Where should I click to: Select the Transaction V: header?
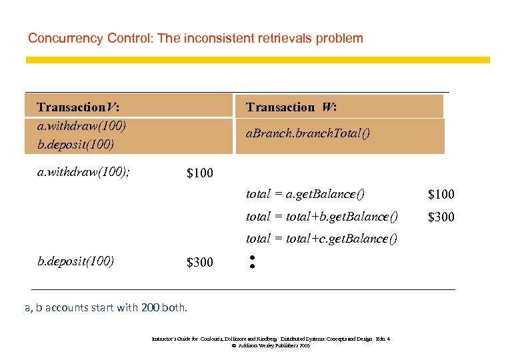tap(79, 107)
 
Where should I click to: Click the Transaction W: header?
tap(291, 107)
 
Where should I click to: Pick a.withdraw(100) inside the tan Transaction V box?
tap(81, 125)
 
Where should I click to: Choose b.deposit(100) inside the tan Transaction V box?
tap(76, 143)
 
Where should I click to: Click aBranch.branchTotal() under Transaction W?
tap(307, 133)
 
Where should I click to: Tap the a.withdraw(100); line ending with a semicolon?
tap(83, 172)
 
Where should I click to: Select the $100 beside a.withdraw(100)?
tap(200, 173)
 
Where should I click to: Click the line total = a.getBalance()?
tap(305, 194)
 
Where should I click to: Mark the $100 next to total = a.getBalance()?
tap(441, 195)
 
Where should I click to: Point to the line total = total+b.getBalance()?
tap(322, 216)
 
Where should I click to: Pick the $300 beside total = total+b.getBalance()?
tap(441, 217)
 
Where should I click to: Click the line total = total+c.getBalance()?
tap(321, 238)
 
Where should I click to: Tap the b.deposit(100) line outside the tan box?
tap(76, 260)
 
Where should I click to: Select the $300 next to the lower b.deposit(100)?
tap(200, 262)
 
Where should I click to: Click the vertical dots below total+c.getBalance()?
tap(253, 261)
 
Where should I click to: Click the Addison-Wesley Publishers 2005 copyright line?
tap(271, 346)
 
